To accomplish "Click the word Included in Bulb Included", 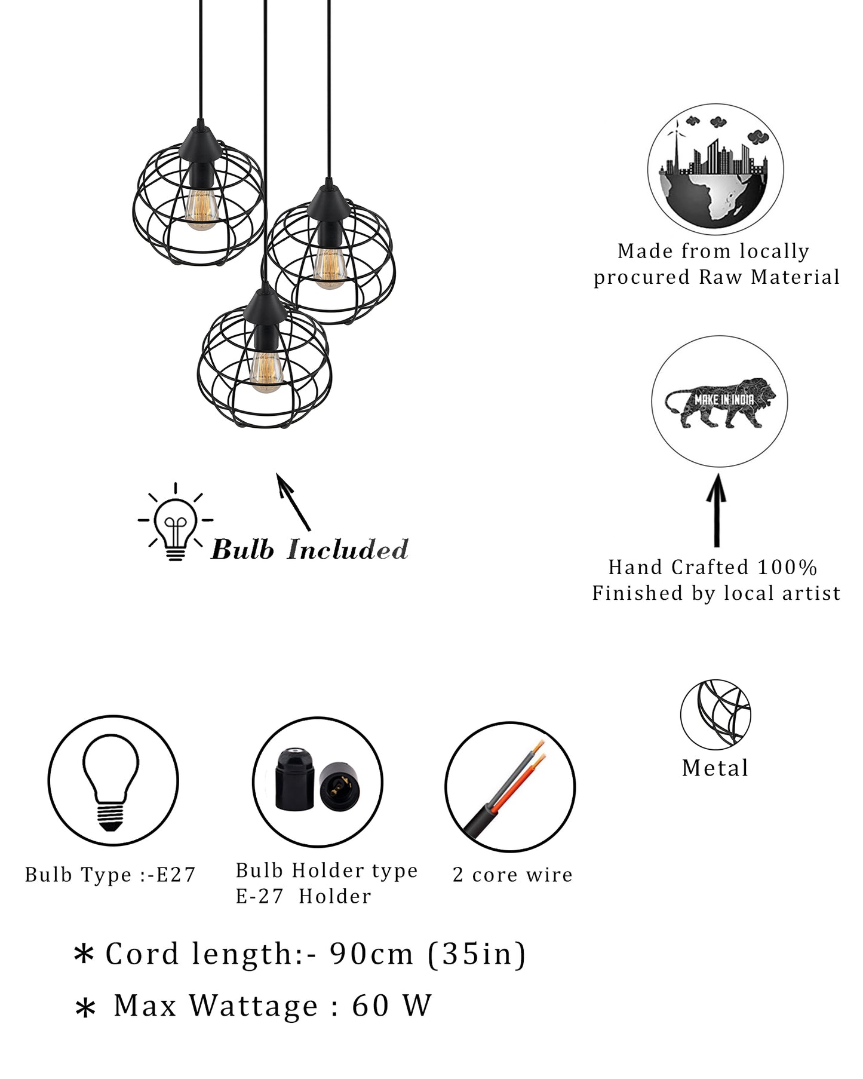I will (x=348, y=550).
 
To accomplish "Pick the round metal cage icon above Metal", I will (x=715, y=714).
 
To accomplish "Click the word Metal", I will (x=715, y=768).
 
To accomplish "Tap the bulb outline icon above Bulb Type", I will (x=112, y=780).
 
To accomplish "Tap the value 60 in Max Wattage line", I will (x=370, y=1006).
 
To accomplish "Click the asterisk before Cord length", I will (x=84, y=954).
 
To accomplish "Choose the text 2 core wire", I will (x=512, y=875).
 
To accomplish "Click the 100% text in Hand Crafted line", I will (x=787, y=567).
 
